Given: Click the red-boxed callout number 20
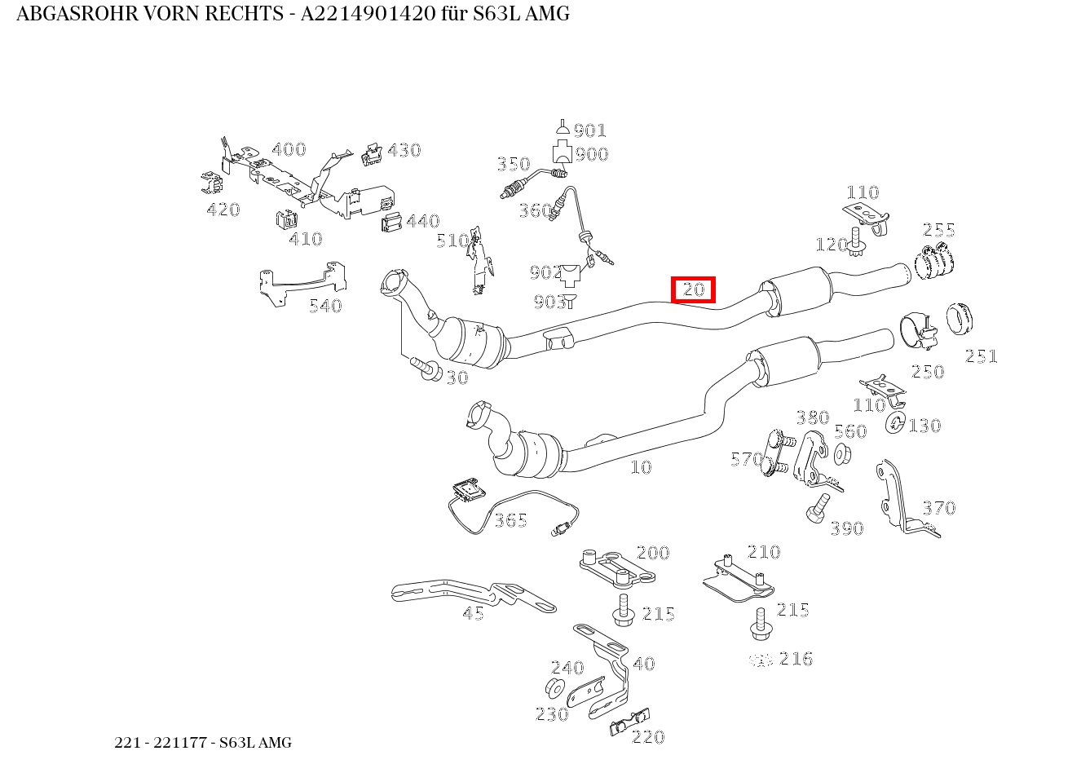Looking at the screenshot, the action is [x=694, y=289].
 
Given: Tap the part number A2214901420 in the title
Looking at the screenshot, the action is [x=368, y=14].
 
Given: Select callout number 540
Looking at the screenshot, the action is [x=325, y=306].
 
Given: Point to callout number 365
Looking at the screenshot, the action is [x=510, y=520].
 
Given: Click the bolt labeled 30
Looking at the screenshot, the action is [x=426, y=369].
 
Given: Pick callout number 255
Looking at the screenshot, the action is [x=938, y=230].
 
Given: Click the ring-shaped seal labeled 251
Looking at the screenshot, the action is [x=960, y=319].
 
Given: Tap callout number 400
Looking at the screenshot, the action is [x=289, y=149].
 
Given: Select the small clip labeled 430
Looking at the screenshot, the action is [x=372, y=154].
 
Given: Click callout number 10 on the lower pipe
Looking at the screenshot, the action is [x=642, y=467].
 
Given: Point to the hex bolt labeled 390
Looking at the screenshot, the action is [x=818, y=508].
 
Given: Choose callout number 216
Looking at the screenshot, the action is [x=796, y=659].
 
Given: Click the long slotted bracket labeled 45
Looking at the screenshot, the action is [x=473, y=596].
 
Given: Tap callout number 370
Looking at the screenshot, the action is [x=938, y=508].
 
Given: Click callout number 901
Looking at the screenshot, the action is [x=589, y=130].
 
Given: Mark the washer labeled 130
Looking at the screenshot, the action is [x=896, y=422].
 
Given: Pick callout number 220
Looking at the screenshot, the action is [x=648, y=737].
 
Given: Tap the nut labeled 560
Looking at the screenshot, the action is [x=843, y=453].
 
